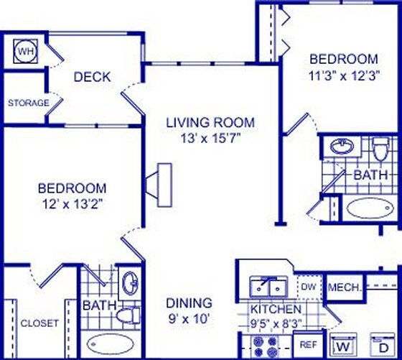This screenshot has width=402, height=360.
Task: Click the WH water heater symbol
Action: pos(25,52)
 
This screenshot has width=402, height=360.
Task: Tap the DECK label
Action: pos(92,77)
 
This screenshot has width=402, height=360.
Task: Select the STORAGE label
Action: pos(29,103)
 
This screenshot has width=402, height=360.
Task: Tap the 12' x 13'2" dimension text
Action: pos(73,203)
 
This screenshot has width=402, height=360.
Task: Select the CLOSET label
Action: pos(39,323)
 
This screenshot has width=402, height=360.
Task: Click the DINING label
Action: pos(189,303)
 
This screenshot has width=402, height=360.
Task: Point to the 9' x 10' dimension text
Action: pos(190,317)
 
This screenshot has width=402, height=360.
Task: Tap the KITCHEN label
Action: pos(275,309)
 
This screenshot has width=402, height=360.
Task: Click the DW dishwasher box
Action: pos(308,287)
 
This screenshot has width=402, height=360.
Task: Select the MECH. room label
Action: pos(343,288)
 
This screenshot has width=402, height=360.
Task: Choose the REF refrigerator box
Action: pos(309,345)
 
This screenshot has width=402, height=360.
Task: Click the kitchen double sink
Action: pos(268,287)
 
